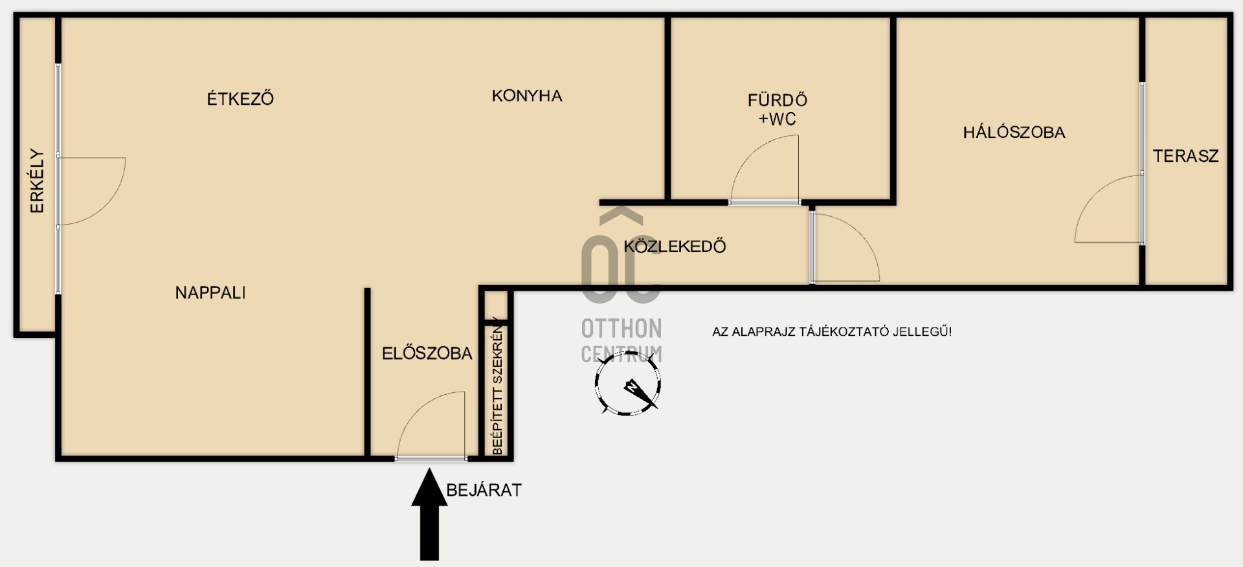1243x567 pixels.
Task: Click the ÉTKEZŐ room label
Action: (240, 98)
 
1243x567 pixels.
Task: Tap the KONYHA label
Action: (527, 96)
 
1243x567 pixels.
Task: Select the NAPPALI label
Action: (210, 293)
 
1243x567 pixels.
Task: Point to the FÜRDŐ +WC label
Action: (778, 109)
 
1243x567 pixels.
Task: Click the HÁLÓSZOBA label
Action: (1014, 132)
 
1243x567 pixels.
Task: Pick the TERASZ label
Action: (1185, 156)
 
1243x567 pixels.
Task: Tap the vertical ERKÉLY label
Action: (38, 181)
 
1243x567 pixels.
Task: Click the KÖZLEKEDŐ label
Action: (675, 246)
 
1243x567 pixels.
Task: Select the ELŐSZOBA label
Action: (427, 353)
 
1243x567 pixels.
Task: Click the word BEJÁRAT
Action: (484, 490)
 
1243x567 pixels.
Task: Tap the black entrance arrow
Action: (429, 515)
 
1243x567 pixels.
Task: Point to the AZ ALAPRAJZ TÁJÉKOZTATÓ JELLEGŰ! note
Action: (832, 331)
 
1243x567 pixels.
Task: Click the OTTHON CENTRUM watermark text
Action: (621, 340)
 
